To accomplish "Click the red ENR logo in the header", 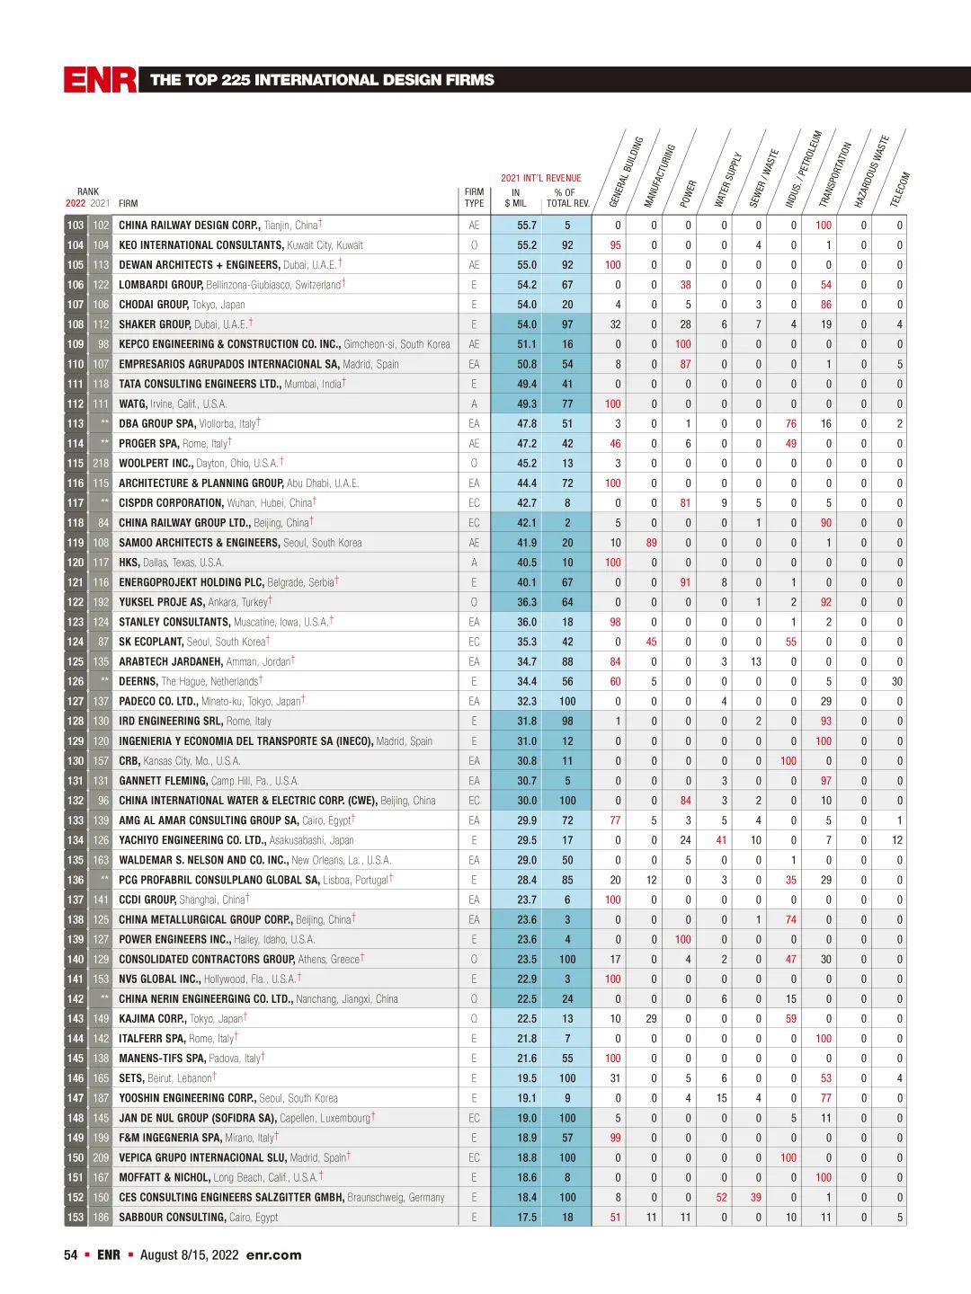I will point(100,80).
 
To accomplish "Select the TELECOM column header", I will point(900,190).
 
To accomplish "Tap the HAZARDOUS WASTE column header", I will point(870,172).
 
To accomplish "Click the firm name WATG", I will point(132,404).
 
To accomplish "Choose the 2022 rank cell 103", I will point(76,226).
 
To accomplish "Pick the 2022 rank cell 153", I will point(76,1218).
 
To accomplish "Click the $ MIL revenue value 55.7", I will point(527,226).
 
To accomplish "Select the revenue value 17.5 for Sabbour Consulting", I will point(527,1218).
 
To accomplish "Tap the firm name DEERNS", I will point(138,682).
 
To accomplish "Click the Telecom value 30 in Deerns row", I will point(896,682).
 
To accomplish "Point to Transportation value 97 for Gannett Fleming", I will point(826,781).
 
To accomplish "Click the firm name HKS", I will point(129,563).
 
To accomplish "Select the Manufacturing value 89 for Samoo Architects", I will point(652,543).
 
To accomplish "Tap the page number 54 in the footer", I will point(70,1255).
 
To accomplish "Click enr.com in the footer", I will point(273,1255).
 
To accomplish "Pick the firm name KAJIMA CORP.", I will point(153,1019).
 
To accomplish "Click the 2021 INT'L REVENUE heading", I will point(541,178).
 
